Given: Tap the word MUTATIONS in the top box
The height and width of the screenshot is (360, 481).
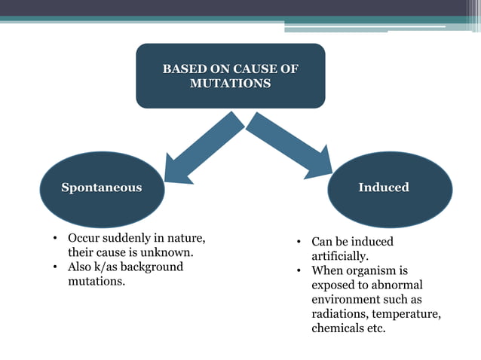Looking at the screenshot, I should coord(230,84).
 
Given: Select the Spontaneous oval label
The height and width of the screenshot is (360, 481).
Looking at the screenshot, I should coord(101,188).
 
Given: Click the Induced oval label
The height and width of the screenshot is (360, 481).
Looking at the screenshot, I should coord(384,188).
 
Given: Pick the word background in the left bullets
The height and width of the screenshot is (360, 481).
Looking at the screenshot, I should coord(156,267).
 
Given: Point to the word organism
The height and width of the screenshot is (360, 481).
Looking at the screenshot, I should coord(371,270).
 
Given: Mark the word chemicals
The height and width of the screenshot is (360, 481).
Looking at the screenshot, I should coord(337,328).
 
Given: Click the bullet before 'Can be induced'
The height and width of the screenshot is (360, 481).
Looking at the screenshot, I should coord(299,243).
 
